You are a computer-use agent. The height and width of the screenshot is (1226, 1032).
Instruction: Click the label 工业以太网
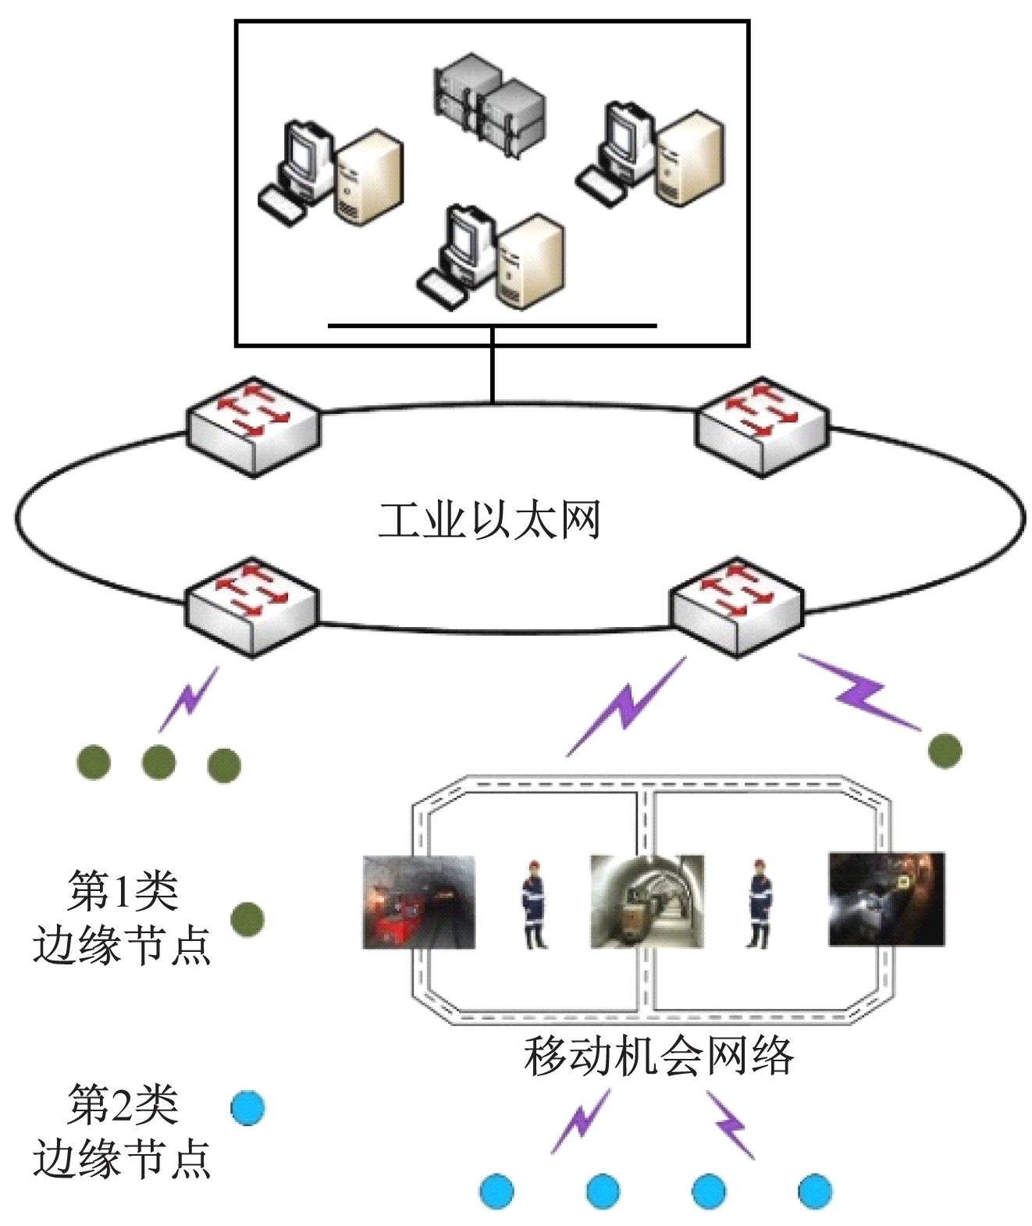tap(489, 520)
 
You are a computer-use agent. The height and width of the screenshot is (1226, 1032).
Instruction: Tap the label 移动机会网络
tap(658, 1055)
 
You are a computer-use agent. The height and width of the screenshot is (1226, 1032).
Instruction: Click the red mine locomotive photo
tap(419, 902)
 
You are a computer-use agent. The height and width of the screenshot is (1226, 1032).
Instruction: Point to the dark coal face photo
tap(886, 899)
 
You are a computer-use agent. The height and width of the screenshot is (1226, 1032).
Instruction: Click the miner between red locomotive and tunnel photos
tap(534, 903)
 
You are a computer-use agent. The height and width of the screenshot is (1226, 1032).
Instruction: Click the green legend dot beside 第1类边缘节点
tap(247, 919)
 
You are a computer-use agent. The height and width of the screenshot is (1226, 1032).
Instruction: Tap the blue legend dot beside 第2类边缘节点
tap(247, 1107)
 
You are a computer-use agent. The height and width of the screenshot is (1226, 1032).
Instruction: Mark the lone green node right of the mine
tap(945, 750)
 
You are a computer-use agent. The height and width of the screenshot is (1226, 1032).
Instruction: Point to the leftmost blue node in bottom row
tap(496, 1191)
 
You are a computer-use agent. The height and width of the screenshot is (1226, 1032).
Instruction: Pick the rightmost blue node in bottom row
tap(815, 1191)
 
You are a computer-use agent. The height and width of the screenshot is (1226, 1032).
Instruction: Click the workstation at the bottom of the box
tap(492, 258)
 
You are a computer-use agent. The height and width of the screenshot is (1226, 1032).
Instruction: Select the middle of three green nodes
tap(158, 761)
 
